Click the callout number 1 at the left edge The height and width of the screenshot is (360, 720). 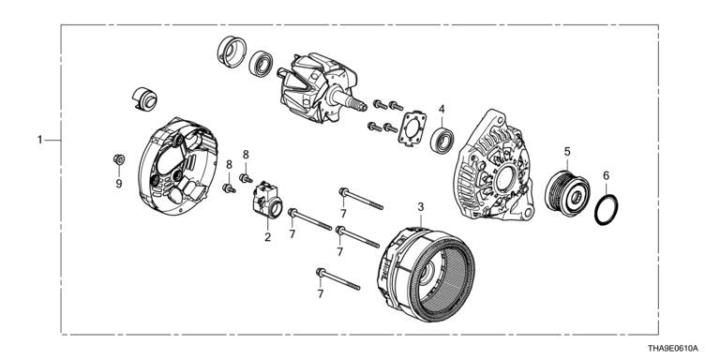40,140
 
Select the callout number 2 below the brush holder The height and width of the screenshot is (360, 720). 268,237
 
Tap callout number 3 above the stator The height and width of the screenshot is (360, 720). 421,207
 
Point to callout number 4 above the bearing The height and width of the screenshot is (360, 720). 442,110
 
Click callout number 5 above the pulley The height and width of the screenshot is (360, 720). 567,152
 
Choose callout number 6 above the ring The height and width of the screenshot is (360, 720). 607,175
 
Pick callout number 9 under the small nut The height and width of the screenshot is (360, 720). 119,184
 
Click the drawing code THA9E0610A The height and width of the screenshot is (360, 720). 673,349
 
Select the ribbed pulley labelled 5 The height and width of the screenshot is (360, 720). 567,192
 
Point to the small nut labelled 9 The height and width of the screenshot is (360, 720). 119,159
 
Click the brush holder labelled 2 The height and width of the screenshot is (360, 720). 267,201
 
